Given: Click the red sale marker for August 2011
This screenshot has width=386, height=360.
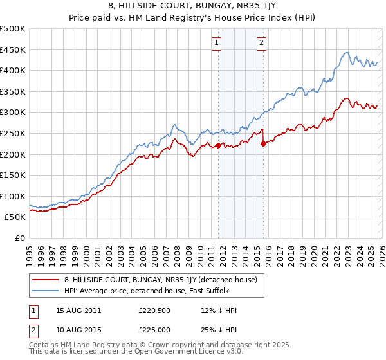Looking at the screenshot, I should pyautogui.click(x=218, y=145).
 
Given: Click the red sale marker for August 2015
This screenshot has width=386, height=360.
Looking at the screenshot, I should pyautogui.click(x=263, y=144).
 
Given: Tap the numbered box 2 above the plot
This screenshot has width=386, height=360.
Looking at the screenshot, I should pyautogui.click(x=262, y=43).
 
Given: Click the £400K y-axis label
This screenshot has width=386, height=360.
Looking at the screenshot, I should pyautogui.click(x=13, y=70).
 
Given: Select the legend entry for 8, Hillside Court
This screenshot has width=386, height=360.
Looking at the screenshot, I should pyautogui.click(x=160, y=279).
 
